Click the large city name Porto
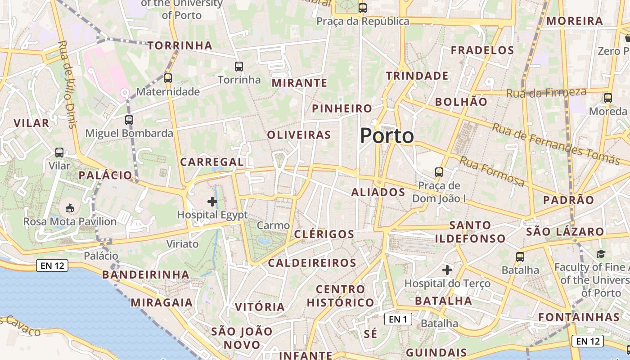click(387, 136)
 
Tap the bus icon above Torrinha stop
click(239, 67)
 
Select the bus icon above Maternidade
click(168, 78)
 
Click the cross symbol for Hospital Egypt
click(212, 201)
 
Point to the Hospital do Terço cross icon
click(447, 270)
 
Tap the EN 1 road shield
click(398, 319)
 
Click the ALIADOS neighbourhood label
click(378, 193)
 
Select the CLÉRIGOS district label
click(324, 234)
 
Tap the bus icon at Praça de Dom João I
click(439, 172)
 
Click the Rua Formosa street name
click(492, 171)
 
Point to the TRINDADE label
click(417, 76)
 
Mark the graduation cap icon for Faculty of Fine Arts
click(601, 254)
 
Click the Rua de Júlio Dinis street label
click(68, 85)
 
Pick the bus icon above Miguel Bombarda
click(129, 120)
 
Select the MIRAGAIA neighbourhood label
click(162, 303)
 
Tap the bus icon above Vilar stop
click(59, 153)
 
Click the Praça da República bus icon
click(363, 8)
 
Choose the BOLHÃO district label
click(461, 102)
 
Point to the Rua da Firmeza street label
click(546, 93)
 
